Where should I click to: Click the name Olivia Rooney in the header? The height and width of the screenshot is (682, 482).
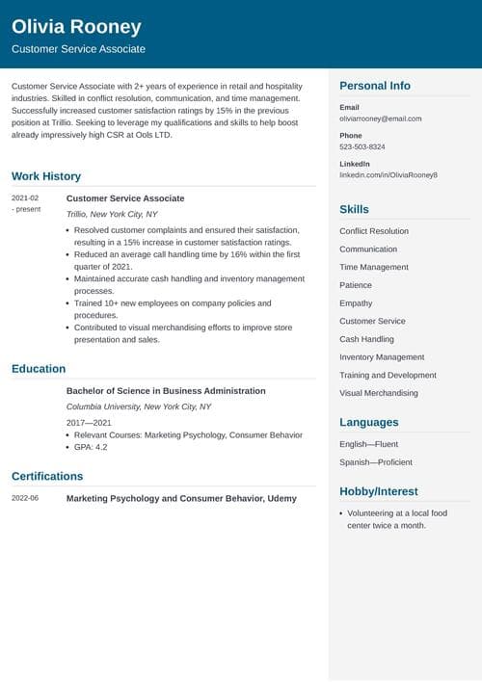(x=76, y=27)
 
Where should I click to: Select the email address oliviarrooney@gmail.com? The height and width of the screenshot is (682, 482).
(x=381, y=118)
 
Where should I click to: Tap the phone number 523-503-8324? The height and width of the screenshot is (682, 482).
(x=362, y=146)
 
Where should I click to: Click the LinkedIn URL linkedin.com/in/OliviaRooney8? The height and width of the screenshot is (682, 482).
(x=388, y=175)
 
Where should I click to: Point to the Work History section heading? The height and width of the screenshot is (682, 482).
(x=46, y=176)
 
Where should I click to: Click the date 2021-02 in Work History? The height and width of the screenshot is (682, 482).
(x=26, y=198)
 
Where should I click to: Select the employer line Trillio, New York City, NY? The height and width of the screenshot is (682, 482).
(x=112, y=214)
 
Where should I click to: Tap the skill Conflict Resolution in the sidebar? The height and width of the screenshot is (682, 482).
(x=374, y=231)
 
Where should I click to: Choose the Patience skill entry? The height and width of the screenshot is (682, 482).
(x=356, y=285)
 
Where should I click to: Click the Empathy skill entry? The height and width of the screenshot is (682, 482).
(x=356, y=303)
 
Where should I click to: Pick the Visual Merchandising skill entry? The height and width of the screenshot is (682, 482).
(x=379, y=393)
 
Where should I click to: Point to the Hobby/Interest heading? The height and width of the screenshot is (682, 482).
(x=379, y=491)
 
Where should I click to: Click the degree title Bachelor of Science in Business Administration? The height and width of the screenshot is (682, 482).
(x=166, y=391)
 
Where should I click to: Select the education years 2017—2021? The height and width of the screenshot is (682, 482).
(x=89, y=423)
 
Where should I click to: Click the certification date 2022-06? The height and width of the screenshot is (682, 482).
(x=26, y=498)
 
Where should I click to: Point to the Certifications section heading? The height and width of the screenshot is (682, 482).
(x=47, y=476)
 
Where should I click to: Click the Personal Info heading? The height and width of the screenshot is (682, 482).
(x=375, y=86)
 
